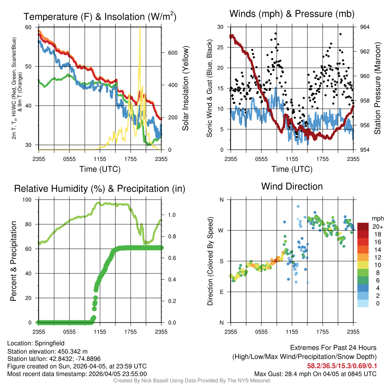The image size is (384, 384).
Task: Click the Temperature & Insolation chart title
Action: (100, 16)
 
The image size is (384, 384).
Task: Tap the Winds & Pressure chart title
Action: (292, 14)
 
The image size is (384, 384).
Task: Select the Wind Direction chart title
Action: (292, 186)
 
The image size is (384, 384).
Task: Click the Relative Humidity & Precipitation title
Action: (100, 189)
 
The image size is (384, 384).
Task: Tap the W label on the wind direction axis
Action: (221, 230)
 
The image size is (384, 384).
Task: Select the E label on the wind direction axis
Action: (221, 292)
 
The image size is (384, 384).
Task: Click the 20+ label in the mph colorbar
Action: (377, 226)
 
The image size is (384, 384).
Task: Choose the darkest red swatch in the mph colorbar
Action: (363, 226)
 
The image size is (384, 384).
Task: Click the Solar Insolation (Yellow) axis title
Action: (185, 88)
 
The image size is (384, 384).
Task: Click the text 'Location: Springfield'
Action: (36, 343)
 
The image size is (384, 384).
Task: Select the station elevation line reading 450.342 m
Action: (47, 351)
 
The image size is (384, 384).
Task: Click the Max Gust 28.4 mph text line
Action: (315, 373)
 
